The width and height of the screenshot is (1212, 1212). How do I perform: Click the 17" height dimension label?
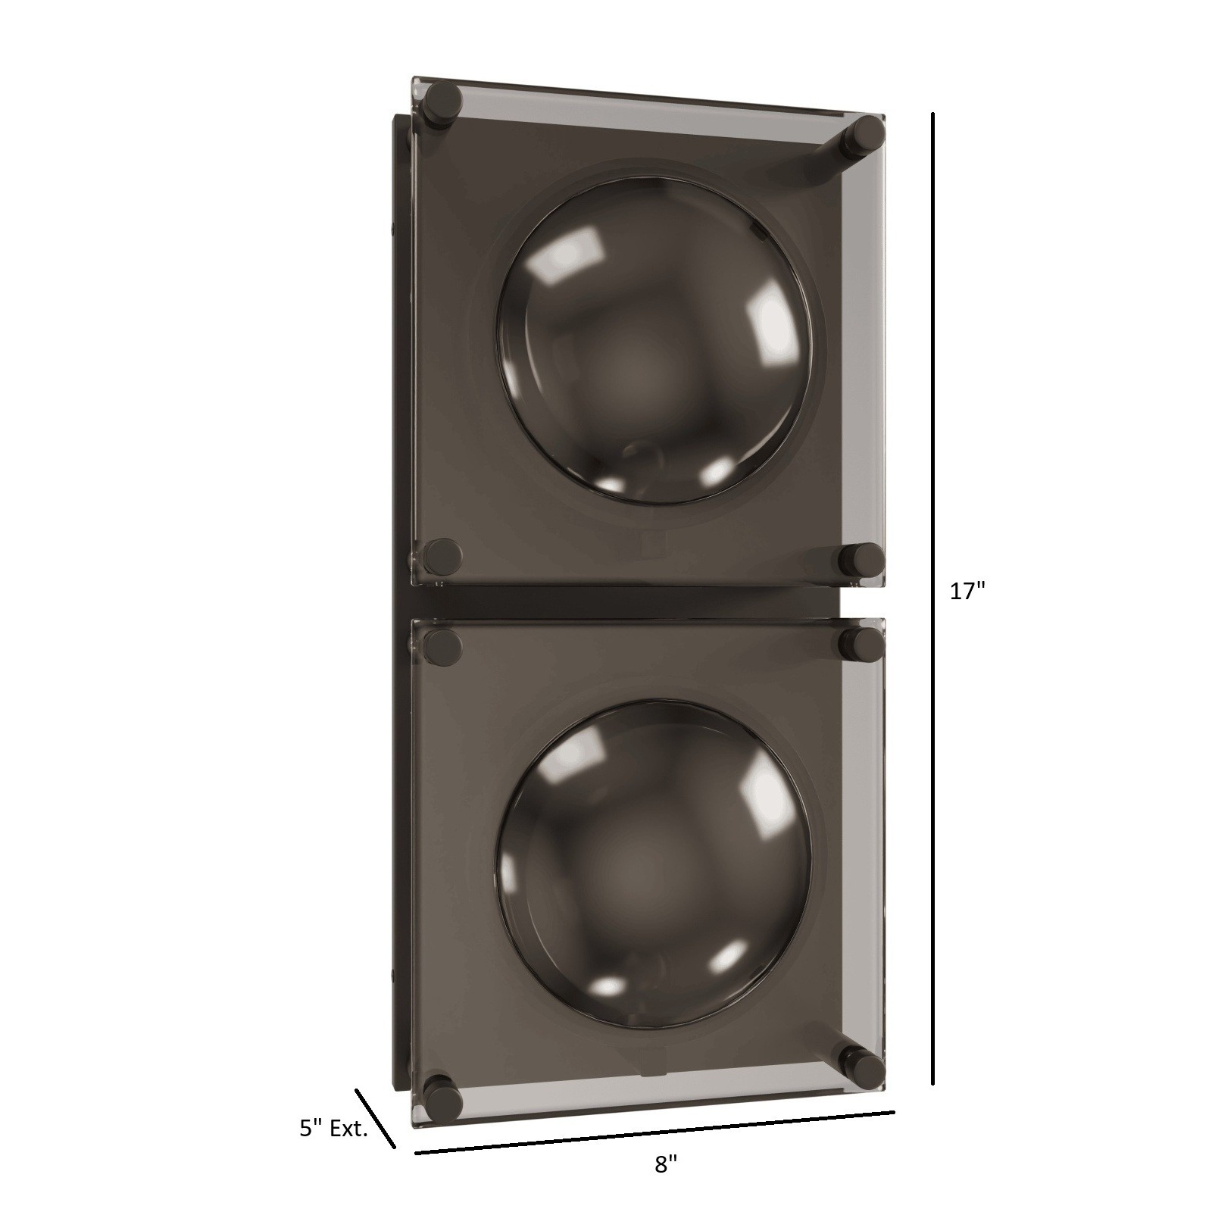tap(967, 592)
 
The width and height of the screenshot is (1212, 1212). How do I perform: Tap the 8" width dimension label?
tap(665, 1185)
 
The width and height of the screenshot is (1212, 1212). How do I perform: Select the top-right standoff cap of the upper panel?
tap(866, 135)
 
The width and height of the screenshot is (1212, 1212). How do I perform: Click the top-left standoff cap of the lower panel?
tap(443, 645)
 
